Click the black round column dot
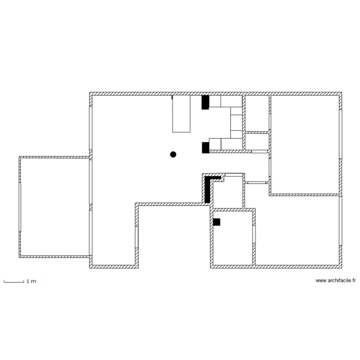click(173, 154)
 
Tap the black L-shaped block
click(208, 188)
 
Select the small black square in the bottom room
click(216, 222)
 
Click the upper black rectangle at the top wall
click(205, 102)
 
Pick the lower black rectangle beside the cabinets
click(205, 147)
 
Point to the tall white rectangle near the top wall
click(181, 113)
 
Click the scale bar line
click(13, 282)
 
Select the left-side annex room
click(54, 206)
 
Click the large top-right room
click(305, 144)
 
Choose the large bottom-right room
click(298, 230)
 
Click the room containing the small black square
click(233, 238)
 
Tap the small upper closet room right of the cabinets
click(257, 113)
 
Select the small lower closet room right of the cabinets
click(257, 142)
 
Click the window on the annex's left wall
click(20, 206)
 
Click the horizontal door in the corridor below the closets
click(257, 183)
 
